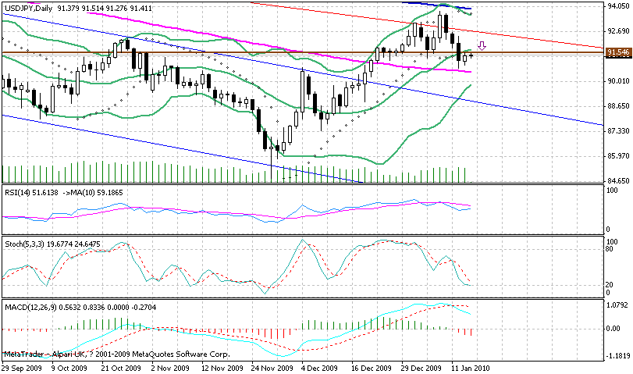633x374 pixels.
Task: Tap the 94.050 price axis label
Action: tap(618, 6)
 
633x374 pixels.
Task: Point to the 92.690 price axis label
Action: tap(618, 31)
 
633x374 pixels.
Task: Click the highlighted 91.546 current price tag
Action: tap(617, 52)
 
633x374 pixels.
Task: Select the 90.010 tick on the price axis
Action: tap(618, 81)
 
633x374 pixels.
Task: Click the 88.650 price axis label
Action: tap(618, 106)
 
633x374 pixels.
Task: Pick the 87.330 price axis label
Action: tap(618, 131)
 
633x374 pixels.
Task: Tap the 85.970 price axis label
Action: tap(618, 156)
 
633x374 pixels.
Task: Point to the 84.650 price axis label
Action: tap(618, 181)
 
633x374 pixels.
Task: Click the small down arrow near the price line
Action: tap(482, 47)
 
